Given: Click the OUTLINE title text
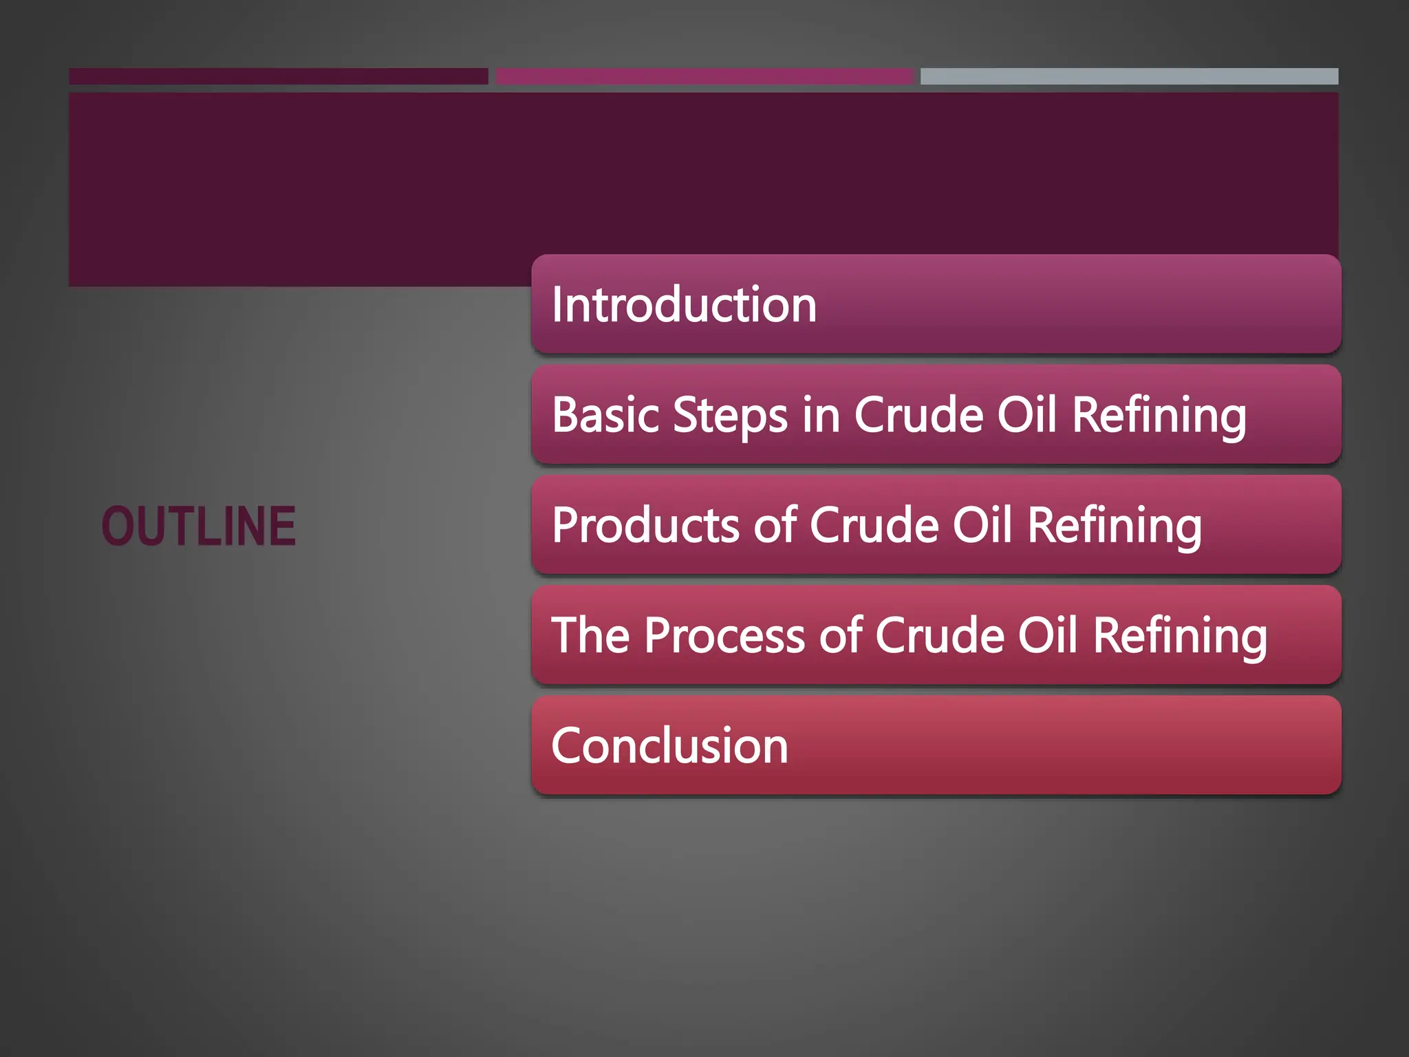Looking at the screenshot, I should tap(199, 526).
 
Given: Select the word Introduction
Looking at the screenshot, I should tap(684, 304).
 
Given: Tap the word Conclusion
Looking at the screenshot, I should tap(669, 745).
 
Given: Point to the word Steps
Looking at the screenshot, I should tap(730, 416).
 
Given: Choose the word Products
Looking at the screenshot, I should tap(646, 525).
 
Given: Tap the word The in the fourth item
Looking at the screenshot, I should tap(590, 634).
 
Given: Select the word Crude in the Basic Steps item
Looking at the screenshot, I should tap(919, 415).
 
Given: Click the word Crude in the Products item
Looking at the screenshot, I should tap(874, 525).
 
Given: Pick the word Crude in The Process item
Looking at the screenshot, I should tap(940, 635).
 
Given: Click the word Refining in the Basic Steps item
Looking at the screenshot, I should tap(1159, 416).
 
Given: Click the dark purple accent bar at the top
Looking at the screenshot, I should tap(278, 76).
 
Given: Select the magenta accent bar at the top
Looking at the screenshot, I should tap(704, 76).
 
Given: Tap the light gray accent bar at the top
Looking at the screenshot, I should tap(1129, 76).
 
